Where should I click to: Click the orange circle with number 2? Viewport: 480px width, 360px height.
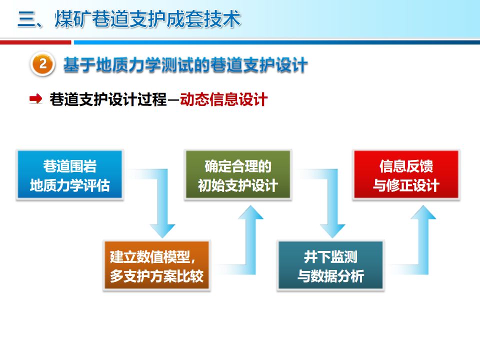42,64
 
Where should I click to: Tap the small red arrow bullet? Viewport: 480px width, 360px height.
36,99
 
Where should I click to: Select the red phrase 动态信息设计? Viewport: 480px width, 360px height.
223,99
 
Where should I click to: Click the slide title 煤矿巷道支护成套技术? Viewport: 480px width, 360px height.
147,19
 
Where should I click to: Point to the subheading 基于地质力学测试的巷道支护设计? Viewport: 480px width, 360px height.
185,65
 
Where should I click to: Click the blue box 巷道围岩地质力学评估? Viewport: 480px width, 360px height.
70,174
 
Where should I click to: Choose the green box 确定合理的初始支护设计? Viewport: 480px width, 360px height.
238,174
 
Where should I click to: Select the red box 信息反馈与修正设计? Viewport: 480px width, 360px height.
406,174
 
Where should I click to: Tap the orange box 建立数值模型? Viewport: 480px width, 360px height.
156,265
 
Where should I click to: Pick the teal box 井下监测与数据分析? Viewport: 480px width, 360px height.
330,265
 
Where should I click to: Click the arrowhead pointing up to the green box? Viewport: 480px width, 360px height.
250,212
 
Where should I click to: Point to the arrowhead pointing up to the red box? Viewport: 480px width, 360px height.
423,212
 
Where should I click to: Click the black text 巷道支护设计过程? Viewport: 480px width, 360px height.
108,99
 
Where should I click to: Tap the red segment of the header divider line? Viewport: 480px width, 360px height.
35,42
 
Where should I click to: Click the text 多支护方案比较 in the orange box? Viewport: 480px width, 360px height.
156,276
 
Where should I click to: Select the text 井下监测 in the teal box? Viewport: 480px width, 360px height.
330,256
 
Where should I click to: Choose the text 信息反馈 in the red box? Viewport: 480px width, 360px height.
406,166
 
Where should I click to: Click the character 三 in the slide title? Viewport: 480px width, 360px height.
27,19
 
